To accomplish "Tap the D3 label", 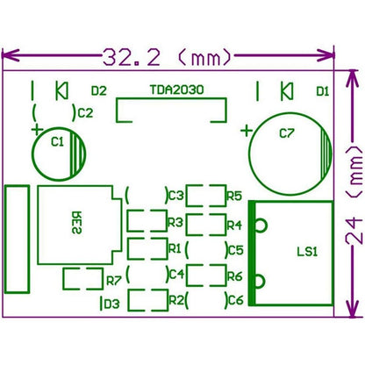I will coord(111,304).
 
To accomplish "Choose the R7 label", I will coord(112,282).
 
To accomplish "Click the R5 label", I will coord(233,196).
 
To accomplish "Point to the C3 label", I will coord(176,196).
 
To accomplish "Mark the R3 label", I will coord(175,222).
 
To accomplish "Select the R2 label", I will coord(175,300).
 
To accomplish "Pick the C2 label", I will coord(84,112).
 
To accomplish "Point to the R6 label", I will coord(233,276).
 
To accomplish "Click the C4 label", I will coord(175,275).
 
